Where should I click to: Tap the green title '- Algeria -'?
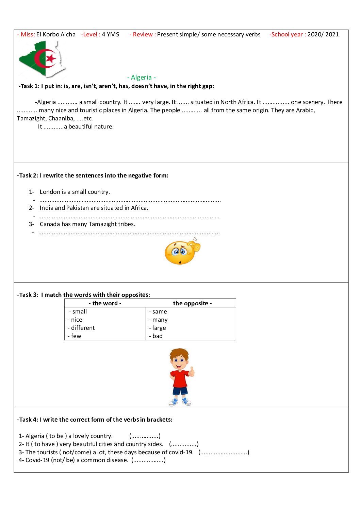pos(142,78)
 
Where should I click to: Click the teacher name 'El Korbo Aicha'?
pos(56,34)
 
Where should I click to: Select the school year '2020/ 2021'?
pos(323,34)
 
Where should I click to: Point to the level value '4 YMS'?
pos(111,34)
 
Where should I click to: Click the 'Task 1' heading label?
pos(29,86)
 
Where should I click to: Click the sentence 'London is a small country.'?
pos(75,192)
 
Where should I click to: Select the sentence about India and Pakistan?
pos(94,208)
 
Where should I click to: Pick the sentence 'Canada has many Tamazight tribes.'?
pos(87,224)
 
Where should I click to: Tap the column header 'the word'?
pos(105,303)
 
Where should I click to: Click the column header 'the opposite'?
pos(192,303)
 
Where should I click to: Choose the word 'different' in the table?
pos(83,328)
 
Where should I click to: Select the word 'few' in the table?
pos(76,336)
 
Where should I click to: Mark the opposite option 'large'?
pos(159,328)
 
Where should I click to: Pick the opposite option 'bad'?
pos(157,336)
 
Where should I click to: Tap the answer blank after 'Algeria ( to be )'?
pos(145,436)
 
